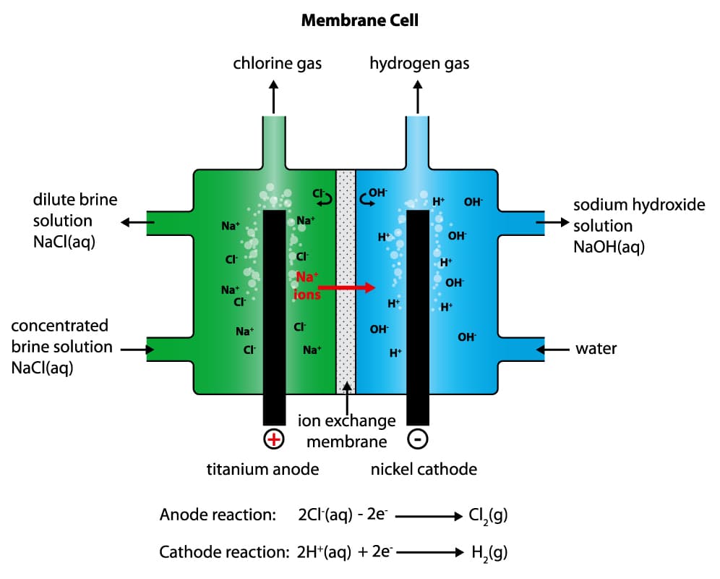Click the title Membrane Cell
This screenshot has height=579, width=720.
click(x=359, y=20)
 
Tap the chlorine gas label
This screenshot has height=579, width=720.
click(x=277, y=64)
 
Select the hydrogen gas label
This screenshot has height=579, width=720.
click(x=419, y=64)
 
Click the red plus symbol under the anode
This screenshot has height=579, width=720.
click(x=274, y=439)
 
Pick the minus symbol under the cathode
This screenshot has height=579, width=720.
click(x=419, y=439)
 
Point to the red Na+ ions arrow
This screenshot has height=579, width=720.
click(x=346, y=287)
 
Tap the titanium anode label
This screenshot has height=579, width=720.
click(x=262, y=469)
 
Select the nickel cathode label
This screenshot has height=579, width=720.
click(x=424, y=469)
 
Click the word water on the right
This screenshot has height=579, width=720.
click(x=596, y=349)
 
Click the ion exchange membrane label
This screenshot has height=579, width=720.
click(x=347, y=431)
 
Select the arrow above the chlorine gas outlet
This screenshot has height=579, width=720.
click(x=274, y=96)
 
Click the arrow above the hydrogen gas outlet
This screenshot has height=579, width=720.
click(x=418, y=96)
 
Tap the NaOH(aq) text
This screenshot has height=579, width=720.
click(x=609, y=247)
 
